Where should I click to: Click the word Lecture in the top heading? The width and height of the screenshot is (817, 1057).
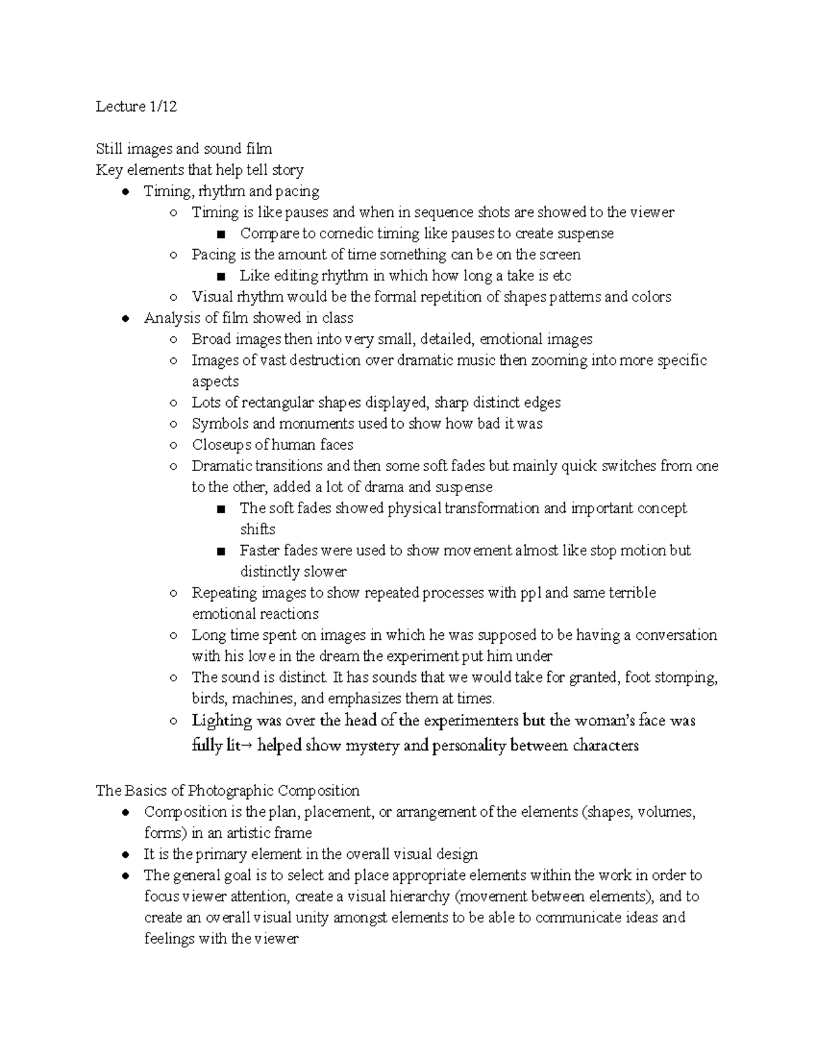pos(121,106)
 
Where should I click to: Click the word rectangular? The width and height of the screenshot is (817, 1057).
pos(279,402)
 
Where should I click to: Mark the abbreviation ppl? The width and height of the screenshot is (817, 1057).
pos(528,593)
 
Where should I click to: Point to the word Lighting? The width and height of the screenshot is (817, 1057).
pos(222,720)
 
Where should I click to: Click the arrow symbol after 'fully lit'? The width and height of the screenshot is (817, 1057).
pos(247,746)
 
